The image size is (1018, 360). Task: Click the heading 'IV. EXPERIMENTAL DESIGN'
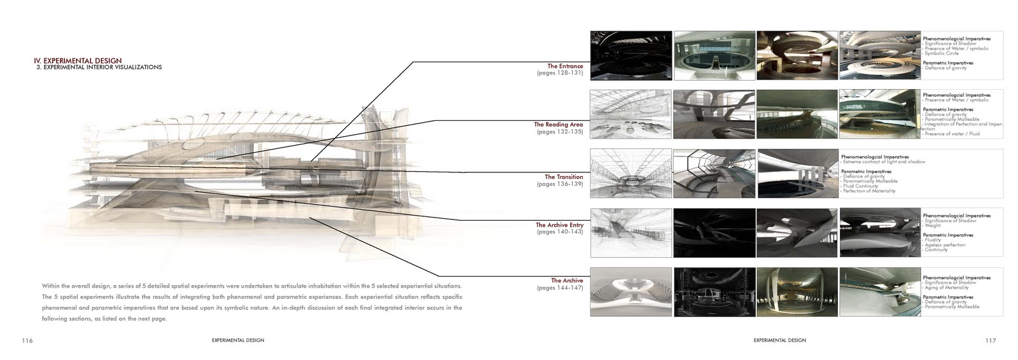78,60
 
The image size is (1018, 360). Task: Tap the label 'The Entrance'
565,66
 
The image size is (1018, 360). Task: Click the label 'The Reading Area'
559,125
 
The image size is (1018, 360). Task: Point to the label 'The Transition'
564,177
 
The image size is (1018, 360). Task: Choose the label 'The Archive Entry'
559,225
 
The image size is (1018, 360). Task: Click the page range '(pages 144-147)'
560,287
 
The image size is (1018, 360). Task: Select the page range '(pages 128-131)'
560,73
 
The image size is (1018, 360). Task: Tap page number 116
27,341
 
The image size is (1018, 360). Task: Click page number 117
990,341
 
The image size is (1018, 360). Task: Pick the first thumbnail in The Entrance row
631,55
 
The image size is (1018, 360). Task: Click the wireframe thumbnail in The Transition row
631,172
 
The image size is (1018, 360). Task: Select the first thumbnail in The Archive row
631,292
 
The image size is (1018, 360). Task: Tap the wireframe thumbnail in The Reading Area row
631,114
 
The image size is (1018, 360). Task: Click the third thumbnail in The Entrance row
797,55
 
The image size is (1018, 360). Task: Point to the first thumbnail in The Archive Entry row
631,232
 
